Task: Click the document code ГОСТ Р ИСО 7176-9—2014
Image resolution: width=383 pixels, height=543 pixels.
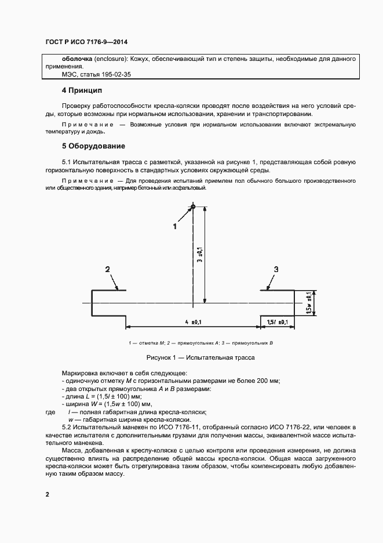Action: tap(86, 42)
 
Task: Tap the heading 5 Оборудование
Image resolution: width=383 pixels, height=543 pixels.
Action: tap(93, 146)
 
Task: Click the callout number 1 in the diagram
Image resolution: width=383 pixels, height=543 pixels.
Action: tap(174, 227)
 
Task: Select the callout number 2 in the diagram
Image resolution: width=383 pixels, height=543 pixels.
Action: tap(107, 269)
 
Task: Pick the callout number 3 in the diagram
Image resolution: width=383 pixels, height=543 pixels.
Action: tap(276, 269)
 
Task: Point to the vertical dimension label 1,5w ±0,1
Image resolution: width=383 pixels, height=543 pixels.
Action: tap(311, 303)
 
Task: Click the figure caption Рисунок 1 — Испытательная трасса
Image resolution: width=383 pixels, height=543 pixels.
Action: tap(192, 357)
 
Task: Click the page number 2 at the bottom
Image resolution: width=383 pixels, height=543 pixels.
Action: tap(48, 494)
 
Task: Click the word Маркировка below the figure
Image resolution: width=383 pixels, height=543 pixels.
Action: tap(81, 372)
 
